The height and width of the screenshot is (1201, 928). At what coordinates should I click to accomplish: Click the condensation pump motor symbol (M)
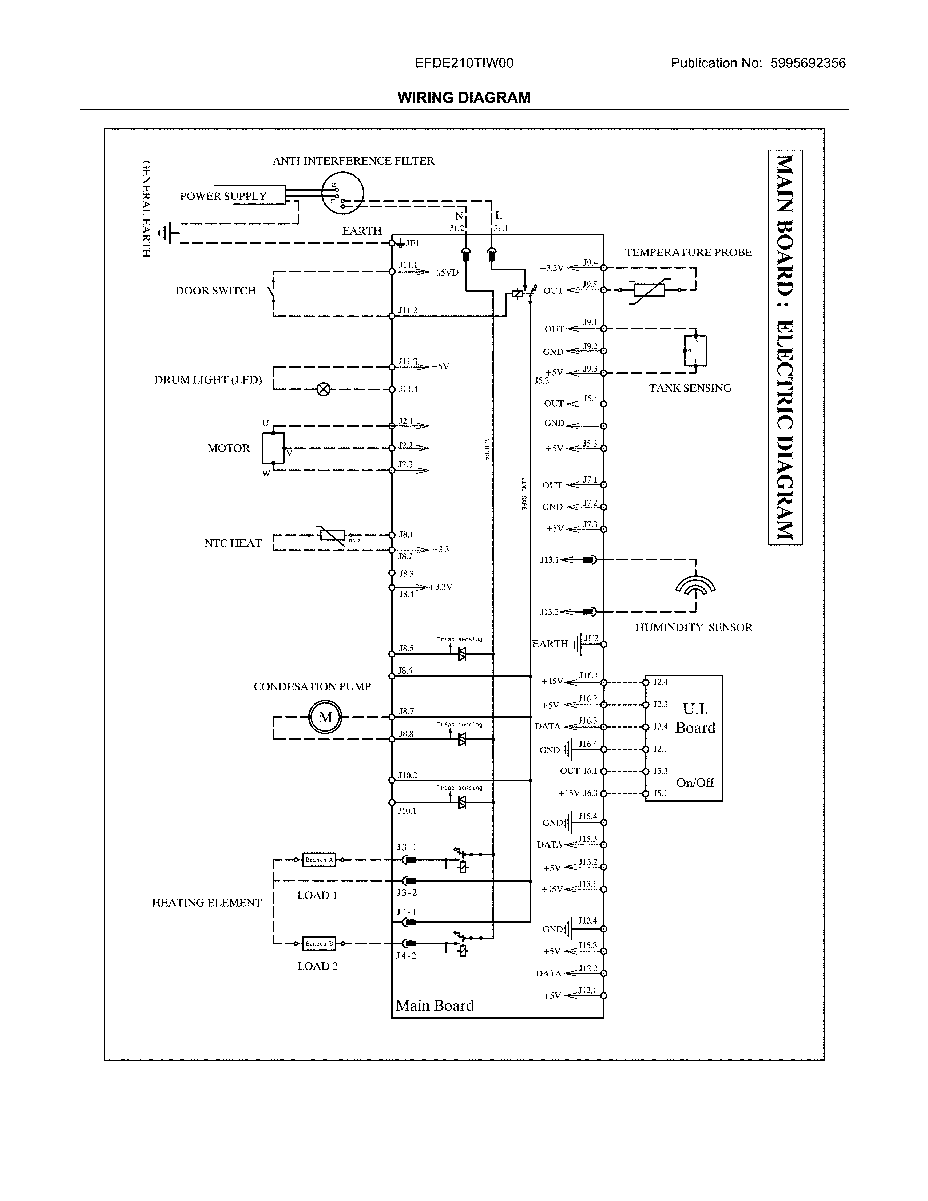click(x=325, y=717)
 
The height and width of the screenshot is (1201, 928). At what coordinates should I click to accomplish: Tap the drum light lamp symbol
click(x=324, y=389)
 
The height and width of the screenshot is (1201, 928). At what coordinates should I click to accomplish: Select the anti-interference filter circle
click(x=342, y=193)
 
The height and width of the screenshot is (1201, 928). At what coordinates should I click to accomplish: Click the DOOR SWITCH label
click(x=215, y=290)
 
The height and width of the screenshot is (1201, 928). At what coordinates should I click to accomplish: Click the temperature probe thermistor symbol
click(x=649, y=290)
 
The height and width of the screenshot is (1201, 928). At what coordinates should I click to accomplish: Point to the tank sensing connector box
click(x=695, y=350)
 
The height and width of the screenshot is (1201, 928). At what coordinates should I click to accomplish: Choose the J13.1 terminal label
click(x=549, y=560)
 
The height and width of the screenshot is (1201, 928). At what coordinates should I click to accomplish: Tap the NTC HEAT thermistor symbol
click(x=333, y=535)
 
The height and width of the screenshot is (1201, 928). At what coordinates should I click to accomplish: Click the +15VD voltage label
click(x=444, y=273)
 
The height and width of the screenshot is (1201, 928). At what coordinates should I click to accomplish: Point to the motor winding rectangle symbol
click(x=273, y=448)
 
